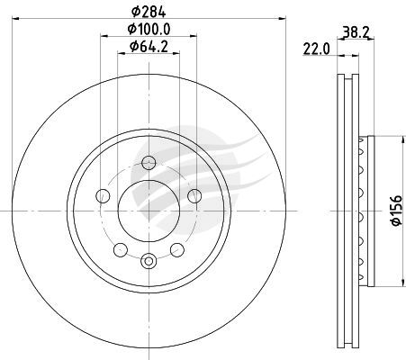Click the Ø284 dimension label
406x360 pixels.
tap(149, 12)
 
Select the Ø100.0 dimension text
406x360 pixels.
tap(149, 30)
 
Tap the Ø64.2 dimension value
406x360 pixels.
tap(149, 47)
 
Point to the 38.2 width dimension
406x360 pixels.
tap(356, 31)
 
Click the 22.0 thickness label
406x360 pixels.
tap(316, 49)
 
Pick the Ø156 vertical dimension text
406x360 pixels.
tap(396, 211)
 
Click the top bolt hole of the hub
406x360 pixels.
tap(149, 163)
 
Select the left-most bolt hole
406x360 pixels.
tap(103, 196)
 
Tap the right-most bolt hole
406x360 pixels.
tap(194, 196)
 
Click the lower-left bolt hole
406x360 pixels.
tap(121, 250)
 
